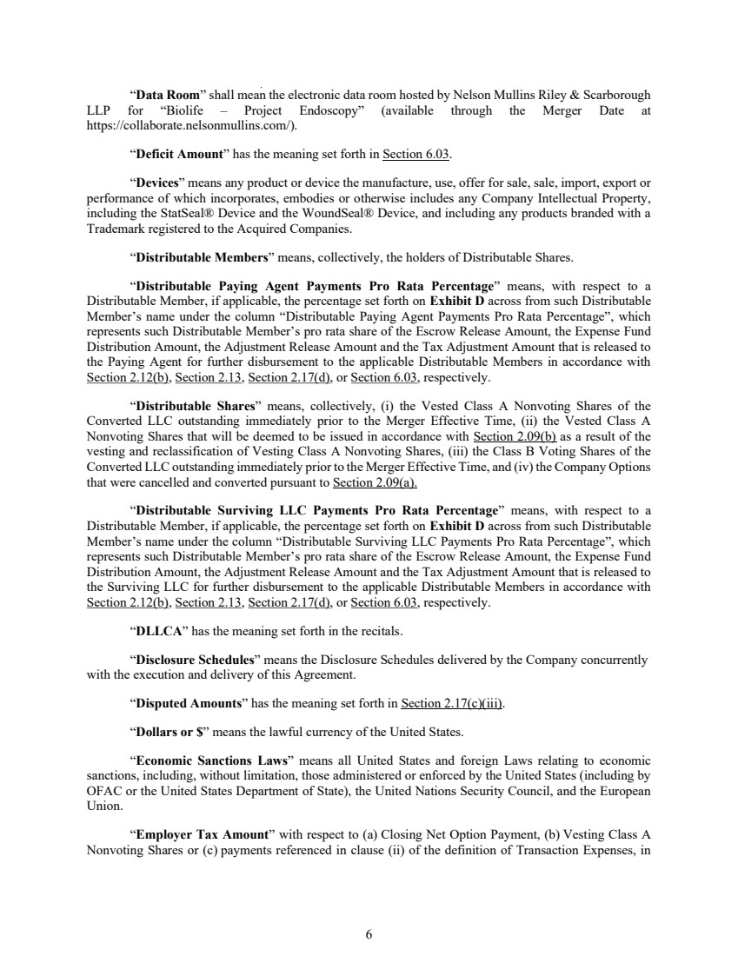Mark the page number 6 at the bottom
tap(369, 934)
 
